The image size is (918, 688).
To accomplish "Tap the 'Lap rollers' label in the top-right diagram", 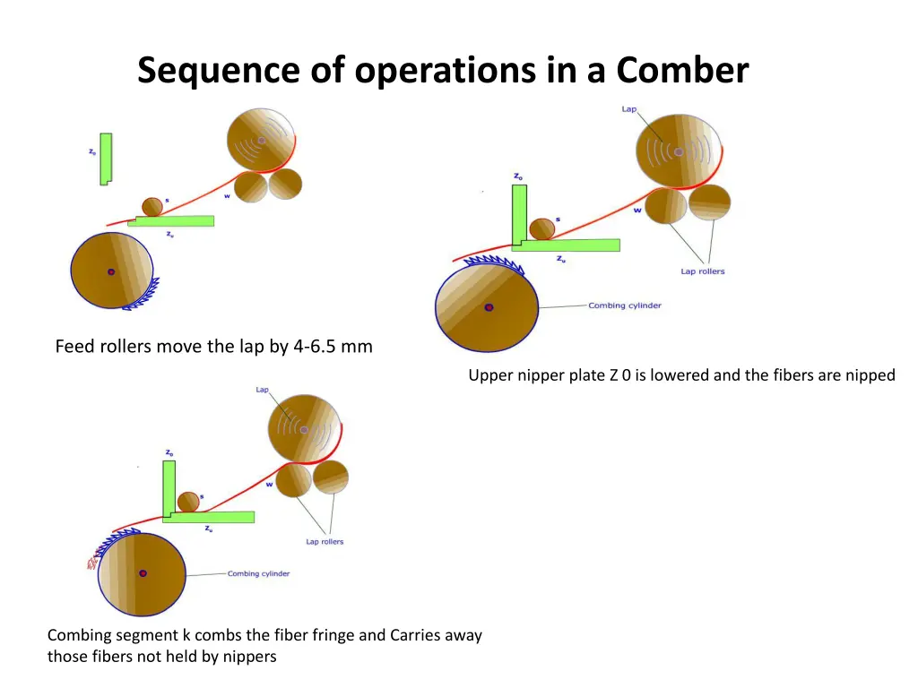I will pyautogui.click(x=702, y=271).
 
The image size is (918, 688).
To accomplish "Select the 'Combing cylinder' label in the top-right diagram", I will pyautogui.click(x=625, y=305).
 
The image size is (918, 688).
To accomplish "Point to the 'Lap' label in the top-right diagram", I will pyautogui.click(x=629, y=109).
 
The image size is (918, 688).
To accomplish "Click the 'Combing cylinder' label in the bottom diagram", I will pyautogui.click(x=258, y=573).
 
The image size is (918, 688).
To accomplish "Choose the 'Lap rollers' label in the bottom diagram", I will pyautogui.click(x=325, y=542).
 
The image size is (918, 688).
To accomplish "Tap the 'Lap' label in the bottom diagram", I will pyautogui.click(x=263, y=390).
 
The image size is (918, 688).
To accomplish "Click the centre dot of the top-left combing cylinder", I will pyautogui.click(x=111, y=271).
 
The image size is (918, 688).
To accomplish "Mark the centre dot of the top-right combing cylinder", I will pyautogui.click(x=489, y=307).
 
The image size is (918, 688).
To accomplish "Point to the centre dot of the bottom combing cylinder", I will pyautogui.click(x=143, y=573).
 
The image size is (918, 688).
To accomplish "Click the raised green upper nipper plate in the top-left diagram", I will pyautogui.click(x=106, y=159).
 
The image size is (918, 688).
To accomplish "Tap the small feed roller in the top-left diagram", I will pyautogui.click(x=152, y=207).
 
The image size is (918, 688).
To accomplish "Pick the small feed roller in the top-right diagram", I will pyautogui.click(x=541, y=228).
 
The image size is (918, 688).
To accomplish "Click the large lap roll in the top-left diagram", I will pyautogui.click(x=262, y=140).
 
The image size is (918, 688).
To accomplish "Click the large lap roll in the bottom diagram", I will pyautogui.click(x=304, y=429).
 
